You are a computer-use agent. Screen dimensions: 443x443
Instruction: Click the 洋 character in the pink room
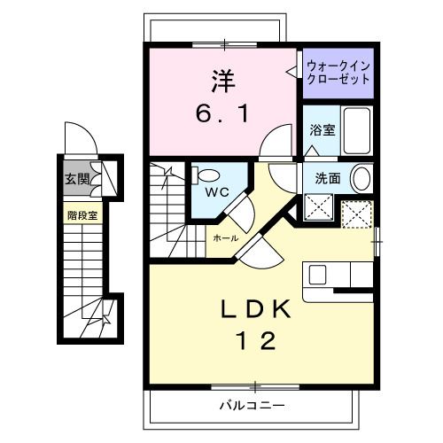coord(223,81)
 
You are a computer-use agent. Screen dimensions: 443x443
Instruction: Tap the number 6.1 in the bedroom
coord(222,115)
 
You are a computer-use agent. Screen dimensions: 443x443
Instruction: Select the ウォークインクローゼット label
coord(338,73)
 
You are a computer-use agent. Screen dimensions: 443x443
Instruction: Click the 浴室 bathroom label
coord(323,130)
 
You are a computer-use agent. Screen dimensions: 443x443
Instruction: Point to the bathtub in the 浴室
coord(357,130)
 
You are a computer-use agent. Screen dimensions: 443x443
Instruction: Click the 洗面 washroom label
coord(328,178)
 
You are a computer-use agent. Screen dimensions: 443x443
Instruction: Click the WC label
coord(217,192)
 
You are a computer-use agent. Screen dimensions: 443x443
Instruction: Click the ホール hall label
coord(226,238)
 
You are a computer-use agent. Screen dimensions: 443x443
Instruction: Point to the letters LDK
coord(256,309)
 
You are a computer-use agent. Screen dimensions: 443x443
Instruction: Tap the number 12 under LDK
coord(256,340)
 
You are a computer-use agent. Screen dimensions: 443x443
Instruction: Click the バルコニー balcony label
coord(252,406)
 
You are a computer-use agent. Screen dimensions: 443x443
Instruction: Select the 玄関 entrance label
coord(77,179)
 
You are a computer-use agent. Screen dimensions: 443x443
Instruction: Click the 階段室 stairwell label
coord(82,215)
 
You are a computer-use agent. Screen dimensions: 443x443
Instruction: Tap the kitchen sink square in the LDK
coord(317,275)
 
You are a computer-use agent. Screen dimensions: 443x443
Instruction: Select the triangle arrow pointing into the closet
coord(291,71)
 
